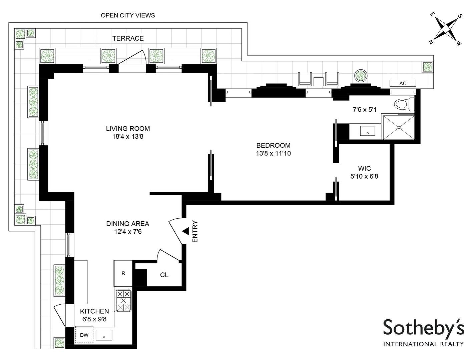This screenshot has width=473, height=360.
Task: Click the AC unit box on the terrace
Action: click(x=403, y=83)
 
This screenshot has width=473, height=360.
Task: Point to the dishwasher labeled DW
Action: click(x=84, y=335)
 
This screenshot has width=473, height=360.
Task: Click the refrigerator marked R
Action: click(x=123, y=273)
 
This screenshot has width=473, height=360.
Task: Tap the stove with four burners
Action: click(x=123, y=301)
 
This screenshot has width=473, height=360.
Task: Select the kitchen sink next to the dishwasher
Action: click(x=104, y=335)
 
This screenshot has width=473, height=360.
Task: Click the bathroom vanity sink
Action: click(x=367, y=131)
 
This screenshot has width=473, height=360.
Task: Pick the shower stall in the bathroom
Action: click(x=398, y=128)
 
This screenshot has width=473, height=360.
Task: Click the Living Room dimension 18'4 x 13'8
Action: click(x=128, y=136)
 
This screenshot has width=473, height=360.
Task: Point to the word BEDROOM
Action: click(x=273, y=145)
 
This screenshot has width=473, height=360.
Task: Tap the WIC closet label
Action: click(x=364, y=168)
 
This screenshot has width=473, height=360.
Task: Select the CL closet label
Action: click(x=164, y=275)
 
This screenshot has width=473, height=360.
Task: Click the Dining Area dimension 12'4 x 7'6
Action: click(x=128, y=231)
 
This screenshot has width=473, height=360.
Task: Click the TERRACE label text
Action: click(x=128, y=38)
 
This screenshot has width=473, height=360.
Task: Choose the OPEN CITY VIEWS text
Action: click(x=128, y=15)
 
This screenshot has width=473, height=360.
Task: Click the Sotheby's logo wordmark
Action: click(x=423, y=328)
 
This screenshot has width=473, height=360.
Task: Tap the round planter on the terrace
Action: click(x=360, y=76)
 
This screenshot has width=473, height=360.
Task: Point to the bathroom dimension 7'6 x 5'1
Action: click(x=365, y=109)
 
